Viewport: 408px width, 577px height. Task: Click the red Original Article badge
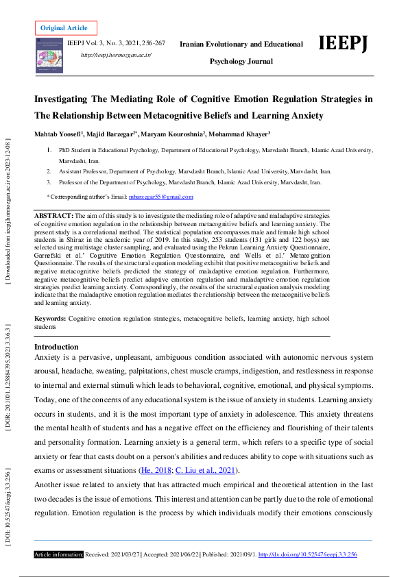pyautogui.click(x=65, y=28)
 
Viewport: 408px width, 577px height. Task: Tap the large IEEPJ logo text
pyautogui.click(x=344, y=43)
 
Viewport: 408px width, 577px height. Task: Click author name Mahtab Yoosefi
pyautogui.click(x=60, y=132)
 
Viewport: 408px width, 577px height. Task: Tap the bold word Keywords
pyautogui.click(x=50, y=319)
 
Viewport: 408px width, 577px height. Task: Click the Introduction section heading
pyautogui.click(x=56, y=347)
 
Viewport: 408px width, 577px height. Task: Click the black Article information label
pyautogui.click(x=59, y=554)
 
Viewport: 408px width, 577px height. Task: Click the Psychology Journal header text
pyautogui.click(x=241, y=62)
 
